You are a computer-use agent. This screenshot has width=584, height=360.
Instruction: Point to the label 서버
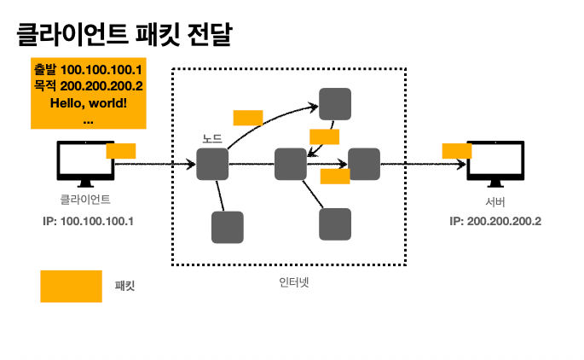coord(495,202)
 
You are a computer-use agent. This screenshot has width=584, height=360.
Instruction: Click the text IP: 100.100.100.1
coord(89,221)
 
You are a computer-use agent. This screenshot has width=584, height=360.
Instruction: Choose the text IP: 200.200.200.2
coord(495,221)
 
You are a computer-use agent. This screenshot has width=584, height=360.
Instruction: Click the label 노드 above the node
coord(212,139)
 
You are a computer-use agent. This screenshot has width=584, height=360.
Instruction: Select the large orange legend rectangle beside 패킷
coord(71,286)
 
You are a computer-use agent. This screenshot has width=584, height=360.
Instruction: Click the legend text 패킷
coord(125,287)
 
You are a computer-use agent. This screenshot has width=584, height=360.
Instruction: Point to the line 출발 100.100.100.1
coord(89,70)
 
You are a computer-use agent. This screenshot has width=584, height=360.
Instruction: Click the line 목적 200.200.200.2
coord(89,86)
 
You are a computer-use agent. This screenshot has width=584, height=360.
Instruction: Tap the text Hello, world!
coord(89,103)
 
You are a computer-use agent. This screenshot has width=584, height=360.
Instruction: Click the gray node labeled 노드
coord(212,164)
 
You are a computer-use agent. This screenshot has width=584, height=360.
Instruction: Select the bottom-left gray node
coord(227,228)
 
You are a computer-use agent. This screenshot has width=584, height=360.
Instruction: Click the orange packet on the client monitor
coord(121,151)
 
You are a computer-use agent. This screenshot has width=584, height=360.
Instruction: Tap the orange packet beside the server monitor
coord(457,151)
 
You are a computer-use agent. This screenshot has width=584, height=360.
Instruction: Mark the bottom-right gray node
coord(335,224)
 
